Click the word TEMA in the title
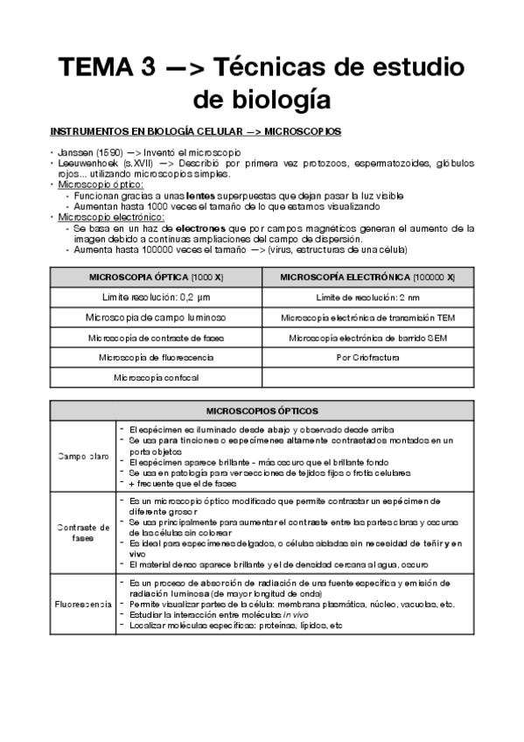[90, 67]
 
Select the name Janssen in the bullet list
[75, 153]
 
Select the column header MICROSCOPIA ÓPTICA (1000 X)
[156, 277]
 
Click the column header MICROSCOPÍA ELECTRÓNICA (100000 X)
[367, 277]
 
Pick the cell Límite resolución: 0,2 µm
[156, 297]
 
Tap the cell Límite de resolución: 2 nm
[367, 297]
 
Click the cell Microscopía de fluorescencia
[156, 357]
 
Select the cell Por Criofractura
[367, 357]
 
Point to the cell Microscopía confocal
[156, 377]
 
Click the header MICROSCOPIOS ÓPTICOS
[262, 410]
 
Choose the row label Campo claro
[83, 456]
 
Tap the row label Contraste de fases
[83, 532]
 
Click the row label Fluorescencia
[83, 604]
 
